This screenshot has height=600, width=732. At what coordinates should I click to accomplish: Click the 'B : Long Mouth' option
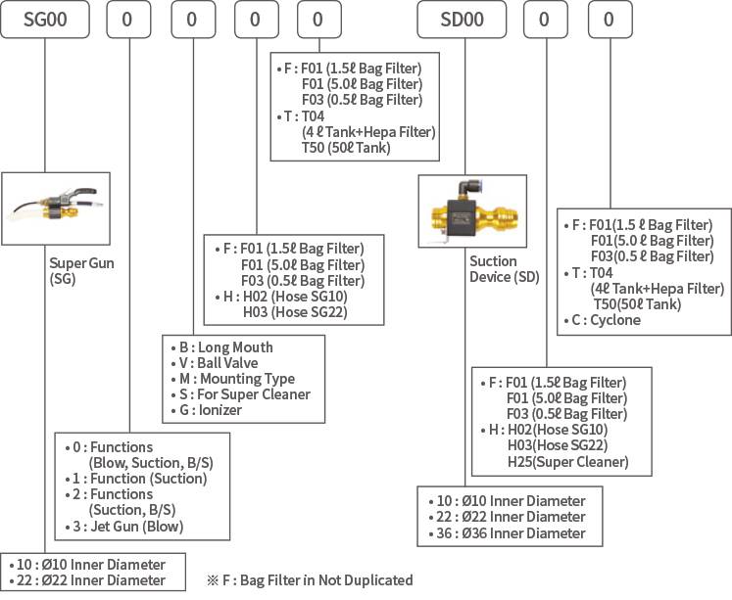point(226,347)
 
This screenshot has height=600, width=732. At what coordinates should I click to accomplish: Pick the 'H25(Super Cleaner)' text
point(567,462)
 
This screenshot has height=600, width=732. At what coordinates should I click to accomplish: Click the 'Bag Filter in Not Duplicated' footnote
point(316,579)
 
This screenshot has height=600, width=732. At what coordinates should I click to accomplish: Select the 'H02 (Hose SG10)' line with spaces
point(294,297)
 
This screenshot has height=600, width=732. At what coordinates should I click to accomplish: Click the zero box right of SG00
point(127,20)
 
